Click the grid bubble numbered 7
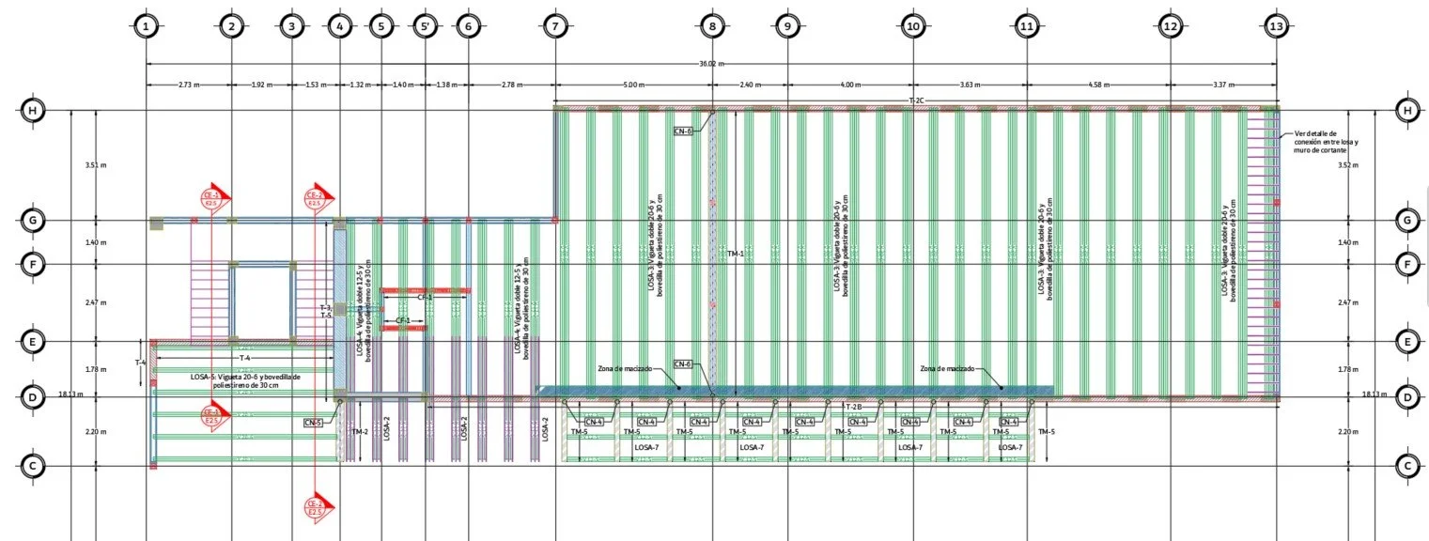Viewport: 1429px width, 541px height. click(x=555, y=27)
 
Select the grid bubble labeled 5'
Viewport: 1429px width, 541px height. click(x=425, y=27)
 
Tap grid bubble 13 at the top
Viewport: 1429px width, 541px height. click(x=1276, y=27)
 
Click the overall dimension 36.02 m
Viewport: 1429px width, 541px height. click(x=711, y=64)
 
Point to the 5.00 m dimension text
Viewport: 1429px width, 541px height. click(x=633, y=85)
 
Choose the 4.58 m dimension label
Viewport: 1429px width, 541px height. click(x=1098, y=85)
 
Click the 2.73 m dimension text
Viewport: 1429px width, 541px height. click(x=189, y=85)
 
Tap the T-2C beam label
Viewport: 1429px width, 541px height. click(x=916, y=100)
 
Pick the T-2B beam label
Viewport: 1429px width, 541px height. click(x=853, y=406)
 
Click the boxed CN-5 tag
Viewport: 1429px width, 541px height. click(x=313, y=423)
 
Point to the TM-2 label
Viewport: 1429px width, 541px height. click(x=359, y=432)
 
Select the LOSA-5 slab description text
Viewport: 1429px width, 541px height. click(x=244, y=380)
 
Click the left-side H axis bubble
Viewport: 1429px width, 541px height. click(x=33, y=111)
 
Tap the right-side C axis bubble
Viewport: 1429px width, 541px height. click(x=1406, y=465)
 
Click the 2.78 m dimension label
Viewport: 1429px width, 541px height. click(x=511, y=85)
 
